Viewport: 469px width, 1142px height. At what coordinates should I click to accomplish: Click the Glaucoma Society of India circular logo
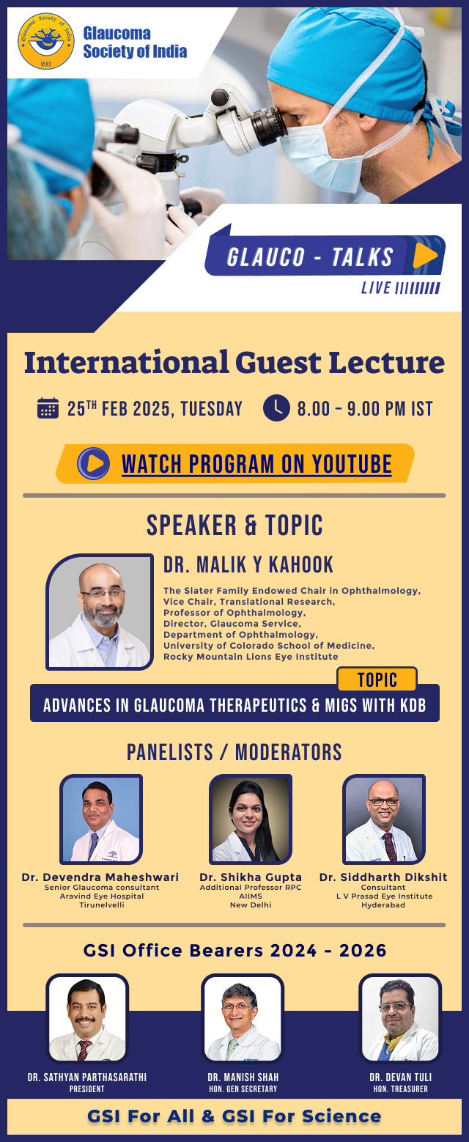tap(46, 42)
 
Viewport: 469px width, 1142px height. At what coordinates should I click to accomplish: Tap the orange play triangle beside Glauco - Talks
tap(424, 255)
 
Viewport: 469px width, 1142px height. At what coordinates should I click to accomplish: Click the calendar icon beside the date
tap(48, 408)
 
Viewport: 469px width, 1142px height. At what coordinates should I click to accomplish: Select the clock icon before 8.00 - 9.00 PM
tap(276, 408)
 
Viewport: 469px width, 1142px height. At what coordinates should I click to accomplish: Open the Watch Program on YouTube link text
tap(256, 464)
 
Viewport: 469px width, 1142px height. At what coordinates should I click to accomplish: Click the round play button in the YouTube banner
tap(93, 463)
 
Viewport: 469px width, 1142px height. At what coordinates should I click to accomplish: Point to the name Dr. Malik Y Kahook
tap(248, 564)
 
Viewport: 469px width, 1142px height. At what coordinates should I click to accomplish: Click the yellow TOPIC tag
tap(377, 679)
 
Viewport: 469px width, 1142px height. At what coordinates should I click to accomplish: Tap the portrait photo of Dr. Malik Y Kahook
tap(100, 612)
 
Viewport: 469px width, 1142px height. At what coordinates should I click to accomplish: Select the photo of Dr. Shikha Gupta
tap(251, 819)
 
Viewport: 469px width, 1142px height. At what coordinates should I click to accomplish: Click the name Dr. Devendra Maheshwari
tap(100, 877)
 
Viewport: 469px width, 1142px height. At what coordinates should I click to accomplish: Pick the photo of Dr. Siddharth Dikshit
tap(384, 819)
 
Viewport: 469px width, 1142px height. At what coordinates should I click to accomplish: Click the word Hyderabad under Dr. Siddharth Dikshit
tap(383, 905)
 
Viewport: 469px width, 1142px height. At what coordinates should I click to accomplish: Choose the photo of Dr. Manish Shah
tap(243, 1020)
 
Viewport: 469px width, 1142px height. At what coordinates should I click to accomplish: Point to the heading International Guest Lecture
tap(234, 363)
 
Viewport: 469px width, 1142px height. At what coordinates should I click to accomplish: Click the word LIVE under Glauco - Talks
tap(376, 288)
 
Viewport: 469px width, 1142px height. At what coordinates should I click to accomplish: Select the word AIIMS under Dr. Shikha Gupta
tap(251, 896)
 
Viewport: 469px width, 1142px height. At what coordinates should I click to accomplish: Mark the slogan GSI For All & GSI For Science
tap(234, 1116)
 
